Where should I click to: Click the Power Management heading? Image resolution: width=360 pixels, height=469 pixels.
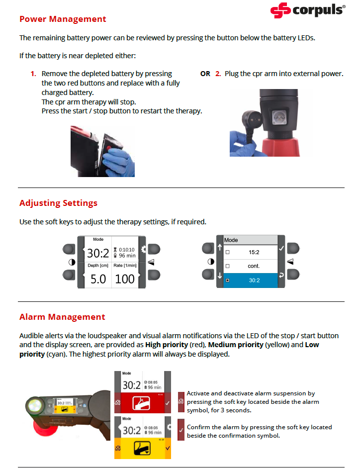click(63, 19)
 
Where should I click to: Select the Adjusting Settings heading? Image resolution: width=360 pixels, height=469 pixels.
click(58, 203)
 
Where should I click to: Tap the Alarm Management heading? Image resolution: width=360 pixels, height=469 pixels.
click(62, 317)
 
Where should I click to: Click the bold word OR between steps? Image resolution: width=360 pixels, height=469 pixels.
click(205, 74)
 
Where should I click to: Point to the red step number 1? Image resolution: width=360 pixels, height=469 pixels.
click(34, 74)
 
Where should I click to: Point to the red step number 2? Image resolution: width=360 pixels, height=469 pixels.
click(218, 74)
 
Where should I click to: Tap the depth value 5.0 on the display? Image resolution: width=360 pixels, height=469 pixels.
click(98, 279)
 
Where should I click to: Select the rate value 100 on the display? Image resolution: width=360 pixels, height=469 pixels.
click(125, 279)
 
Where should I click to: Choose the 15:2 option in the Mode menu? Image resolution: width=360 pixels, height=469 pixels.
click(254, 252)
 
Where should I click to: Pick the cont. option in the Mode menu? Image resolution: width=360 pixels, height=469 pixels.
click(254, 266)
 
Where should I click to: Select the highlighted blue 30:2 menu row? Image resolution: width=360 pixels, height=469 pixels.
click(254, 281)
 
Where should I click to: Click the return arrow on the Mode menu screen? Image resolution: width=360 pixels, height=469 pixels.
click(281, 275)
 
